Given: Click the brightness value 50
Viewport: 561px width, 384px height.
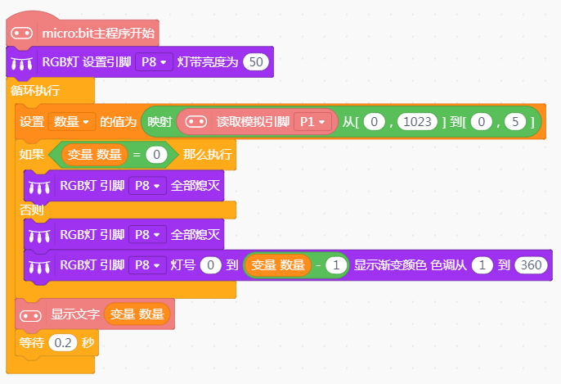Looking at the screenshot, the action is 256,62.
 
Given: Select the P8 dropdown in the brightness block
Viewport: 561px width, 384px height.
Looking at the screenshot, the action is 155,62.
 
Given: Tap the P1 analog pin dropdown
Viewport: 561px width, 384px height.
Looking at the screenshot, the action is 312,122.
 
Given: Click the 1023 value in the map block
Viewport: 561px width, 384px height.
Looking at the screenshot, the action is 417,122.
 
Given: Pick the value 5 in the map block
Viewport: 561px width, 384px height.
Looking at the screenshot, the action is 515,122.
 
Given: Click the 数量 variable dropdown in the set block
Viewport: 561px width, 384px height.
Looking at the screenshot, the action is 72,122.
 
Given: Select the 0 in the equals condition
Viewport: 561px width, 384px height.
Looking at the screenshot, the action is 156,155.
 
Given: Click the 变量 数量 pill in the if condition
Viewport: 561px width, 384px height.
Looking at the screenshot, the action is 95,155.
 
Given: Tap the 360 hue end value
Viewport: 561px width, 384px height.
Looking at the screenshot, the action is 531,265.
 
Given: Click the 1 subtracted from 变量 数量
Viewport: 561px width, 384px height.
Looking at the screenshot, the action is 336,265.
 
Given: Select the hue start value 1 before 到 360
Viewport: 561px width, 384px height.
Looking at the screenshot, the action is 482,265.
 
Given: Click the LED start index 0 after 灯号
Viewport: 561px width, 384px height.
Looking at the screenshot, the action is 211,265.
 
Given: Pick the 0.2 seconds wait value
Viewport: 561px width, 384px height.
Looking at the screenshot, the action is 63,343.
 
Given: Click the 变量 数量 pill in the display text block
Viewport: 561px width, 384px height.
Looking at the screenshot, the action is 137,314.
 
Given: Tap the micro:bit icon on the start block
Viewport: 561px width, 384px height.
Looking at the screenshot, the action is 22,34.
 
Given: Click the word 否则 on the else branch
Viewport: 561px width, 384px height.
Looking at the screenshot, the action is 31,210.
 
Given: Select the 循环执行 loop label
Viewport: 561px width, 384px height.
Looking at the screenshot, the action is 34,90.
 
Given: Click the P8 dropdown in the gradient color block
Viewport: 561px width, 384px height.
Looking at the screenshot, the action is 147,265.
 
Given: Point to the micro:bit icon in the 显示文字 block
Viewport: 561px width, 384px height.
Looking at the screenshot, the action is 31,315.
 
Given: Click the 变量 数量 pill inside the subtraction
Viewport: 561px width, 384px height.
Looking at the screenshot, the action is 278,265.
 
